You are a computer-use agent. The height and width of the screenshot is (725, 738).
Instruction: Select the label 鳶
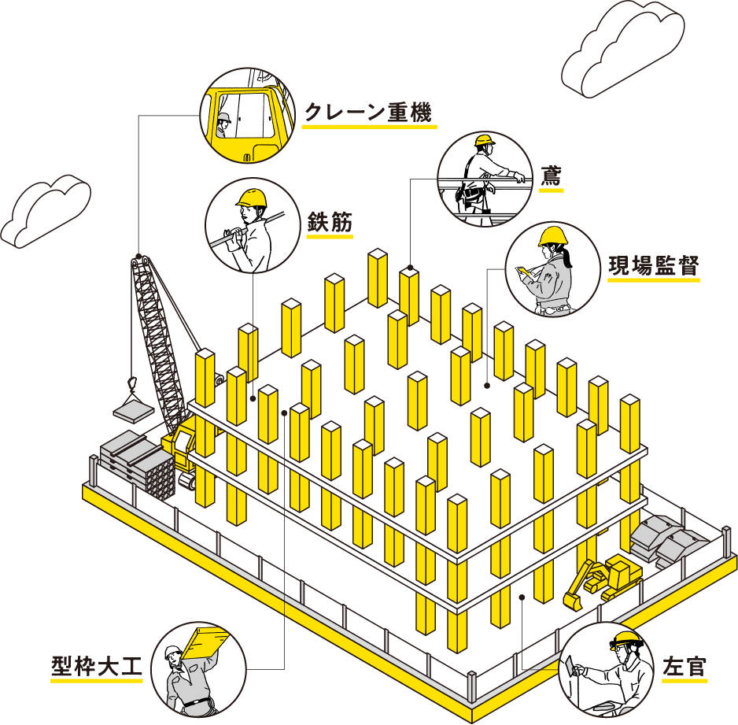551,179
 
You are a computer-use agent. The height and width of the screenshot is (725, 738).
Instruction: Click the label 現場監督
653,267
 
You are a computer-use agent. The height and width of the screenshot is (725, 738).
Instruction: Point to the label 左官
684,668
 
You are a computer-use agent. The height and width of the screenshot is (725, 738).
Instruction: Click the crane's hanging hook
132,384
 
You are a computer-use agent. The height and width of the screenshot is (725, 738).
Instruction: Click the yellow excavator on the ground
602,579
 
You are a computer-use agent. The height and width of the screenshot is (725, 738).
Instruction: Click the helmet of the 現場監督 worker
552,236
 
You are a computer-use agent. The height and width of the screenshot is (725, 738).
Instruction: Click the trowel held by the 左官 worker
569,666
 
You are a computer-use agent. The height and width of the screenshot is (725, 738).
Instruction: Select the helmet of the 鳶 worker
484,142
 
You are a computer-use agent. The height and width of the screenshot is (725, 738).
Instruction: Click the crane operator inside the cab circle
224,124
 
